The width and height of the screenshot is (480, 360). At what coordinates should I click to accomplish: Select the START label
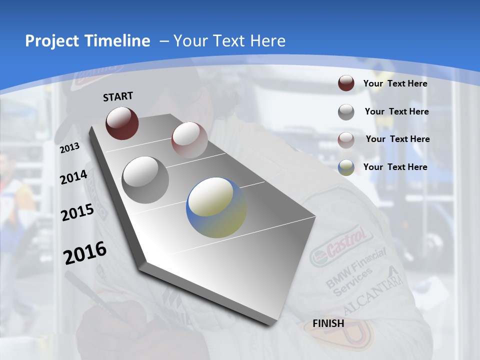[x=118, y=96]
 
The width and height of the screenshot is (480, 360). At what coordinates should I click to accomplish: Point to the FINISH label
[x=328, y=323]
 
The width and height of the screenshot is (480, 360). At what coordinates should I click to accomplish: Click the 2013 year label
[x=70, y=147]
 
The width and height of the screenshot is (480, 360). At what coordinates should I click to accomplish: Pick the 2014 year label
[x=73, y=177]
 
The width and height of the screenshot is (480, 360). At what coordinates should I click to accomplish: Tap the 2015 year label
[x=77, y=213]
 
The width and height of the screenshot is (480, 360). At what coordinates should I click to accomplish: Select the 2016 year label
[x=85, y=253]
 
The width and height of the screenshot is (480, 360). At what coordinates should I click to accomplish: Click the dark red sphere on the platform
[x=122, y=123]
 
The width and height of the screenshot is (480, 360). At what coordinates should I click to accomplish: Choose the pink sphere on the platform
[x=189, y=140]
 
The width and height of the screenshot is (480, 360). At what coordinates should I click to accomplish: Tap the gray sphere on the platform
[x=145, y=179]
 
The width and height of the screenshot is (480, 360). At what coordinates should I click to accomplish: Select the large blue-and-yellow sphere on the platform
[x=216, y=207]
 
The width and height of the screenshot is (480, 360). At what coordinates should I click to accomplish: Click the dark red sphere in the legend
[x=346, y=83]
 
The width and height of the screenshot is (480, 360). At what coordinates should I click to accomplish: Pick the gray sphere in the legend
[x=346, y=112]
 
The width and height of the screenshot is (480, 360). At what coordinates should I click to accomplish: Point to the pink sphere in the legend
[x=346, y=139]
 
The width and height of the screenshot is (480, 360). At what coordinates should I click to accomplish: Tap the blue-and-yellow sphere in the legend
[x=346, y=167]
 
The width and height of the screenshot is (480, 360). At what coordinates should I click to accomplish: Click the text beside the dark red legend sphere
[x=395, y=83]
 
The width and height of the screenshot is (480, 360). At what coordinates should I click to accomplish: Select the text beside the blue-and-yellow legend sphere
[x=395, y=167]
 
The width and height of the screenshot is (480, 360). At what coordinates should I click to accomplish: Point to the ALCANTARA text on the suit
[x=372, y=292]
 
